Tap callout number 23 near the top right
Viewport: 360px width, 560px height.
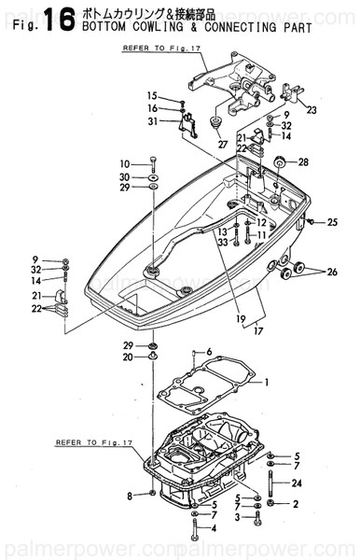coord(311,110)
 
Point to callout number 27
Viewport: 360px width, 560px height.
coord(222,144)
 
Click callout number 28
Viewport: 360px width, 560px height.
coord(303,162)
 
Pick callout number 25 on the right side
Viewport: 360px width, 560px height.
coord(332,222)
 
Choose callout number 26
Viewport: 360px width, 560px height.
coord(332,273)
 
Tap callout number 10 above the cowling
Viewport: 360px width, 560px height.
coord(125,163)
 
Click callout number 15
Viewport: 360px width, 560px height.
coord(151,96)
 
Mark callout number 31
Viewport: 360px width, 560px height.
coord(151,120)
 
